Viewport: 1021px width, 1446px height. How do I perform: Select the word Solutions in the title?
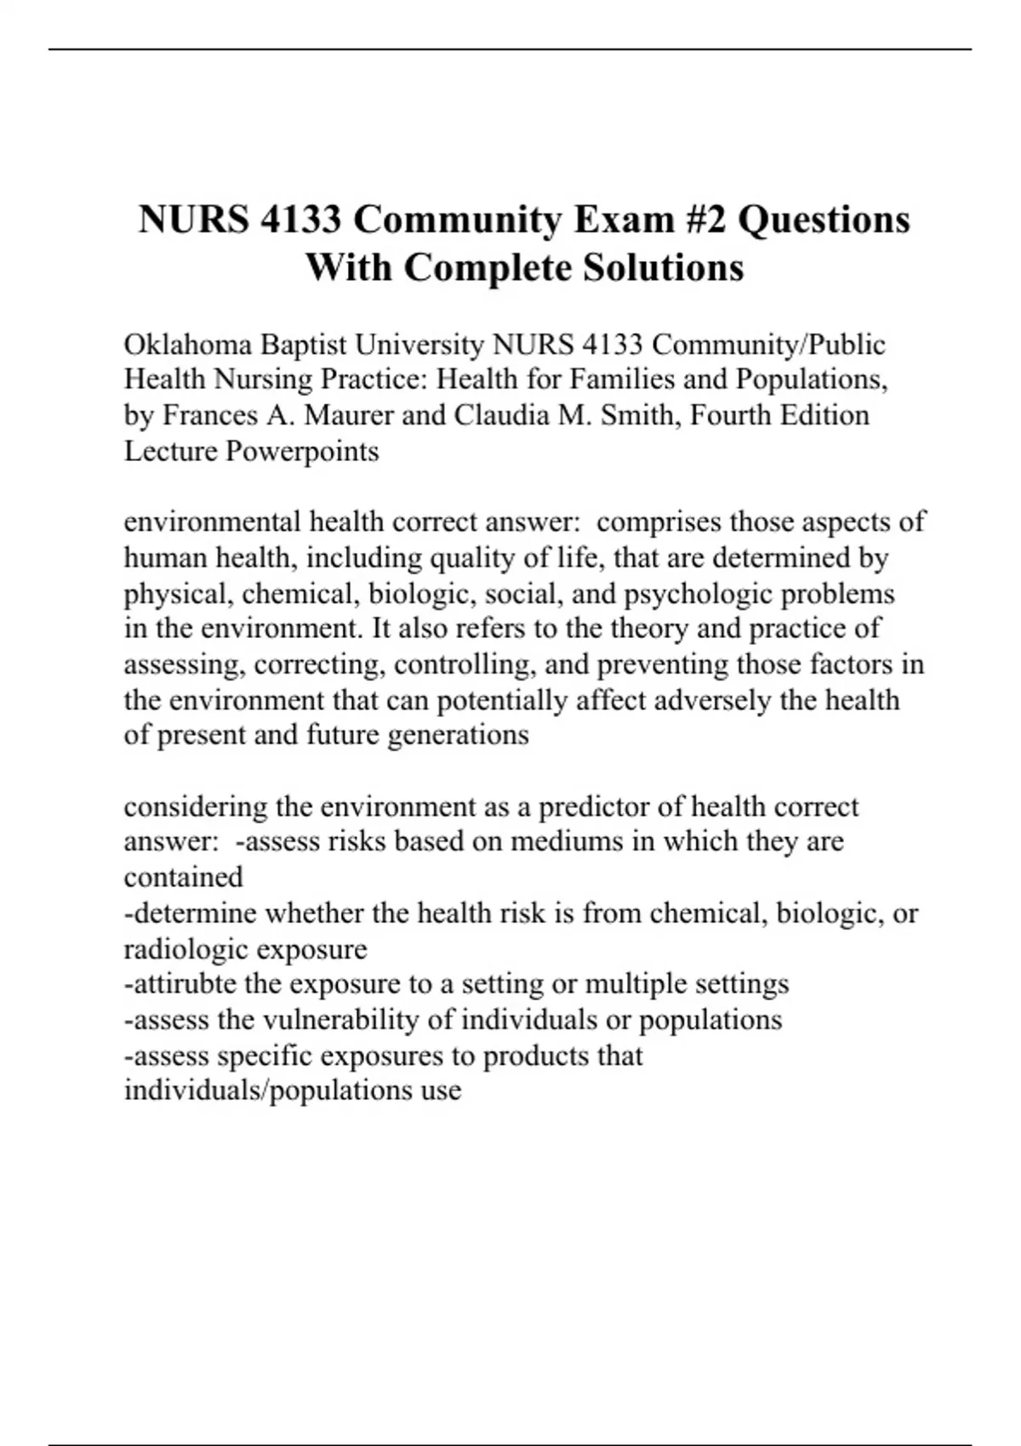click(664, 267)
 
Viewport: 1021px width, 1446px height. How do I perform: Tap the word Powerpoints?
click(302, 451)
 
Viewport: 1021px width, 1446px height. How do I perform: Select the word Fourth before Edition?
click(737, 415)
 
